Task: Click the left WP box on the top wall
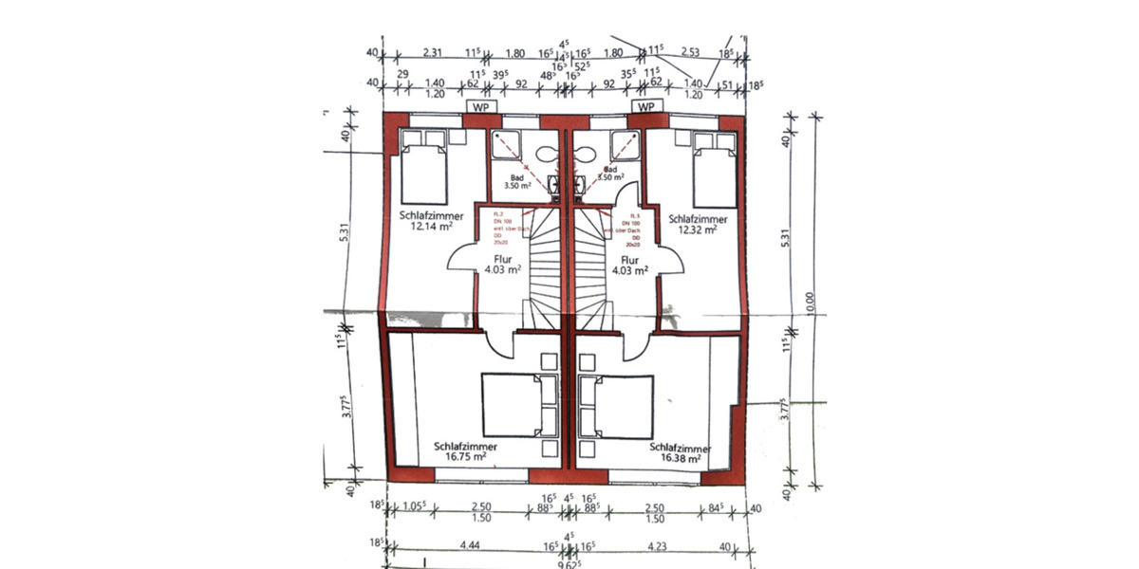point(479,107)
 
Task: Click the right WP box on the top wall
point(647,107)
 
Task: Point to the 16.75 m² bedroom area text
point(465,456)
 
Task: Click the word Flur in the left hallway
point(504,258)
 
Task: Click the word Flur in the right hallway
point(628,258)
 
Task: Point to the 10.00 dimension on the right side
point(810,303)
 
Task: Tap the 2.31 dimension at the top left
point(434,53)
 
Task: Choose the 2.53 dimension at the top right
point(690,53)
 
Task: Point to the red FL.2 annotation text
point(495,215)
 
